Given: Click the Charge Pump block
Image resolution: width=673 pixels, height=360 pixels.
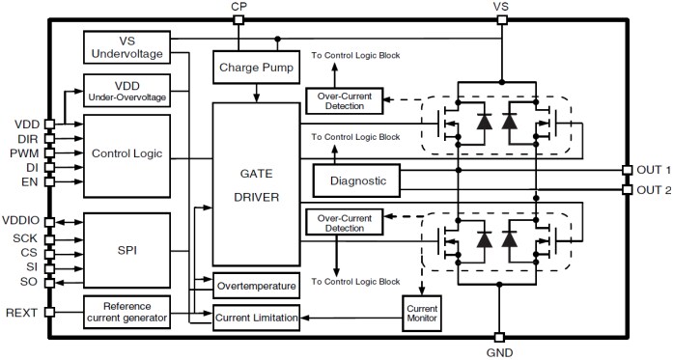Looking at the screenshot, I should coord(256,68).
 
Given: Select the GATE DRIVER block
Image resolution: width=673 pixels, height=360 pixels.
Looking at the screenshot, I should coord(256,182).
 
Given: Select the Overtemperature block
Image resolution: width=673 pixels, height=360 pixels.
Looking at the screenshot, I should coord(256,287).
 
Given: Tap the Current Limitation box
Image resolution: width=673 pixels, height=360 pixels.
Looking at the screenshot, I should coord(256,316).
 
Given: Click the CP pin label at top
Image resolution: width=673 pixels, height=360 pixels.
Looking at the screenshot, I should coord(238,7).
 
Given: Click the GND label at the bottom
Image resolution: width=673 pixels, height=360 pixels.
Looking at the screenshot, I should coord(499,352).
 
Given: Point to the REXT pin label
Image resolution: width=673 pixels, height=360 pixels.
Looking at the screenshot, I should coord(22,312).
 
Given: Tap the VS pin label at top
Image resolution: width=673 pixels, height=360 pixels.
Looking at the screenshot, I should coord(500,7).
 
